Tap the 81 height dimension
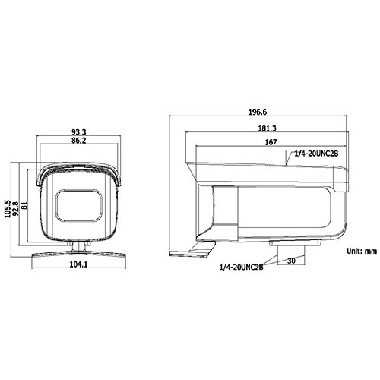pos(25,206)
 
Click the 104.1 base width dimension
pos(78,264)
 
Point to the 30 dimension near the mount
pos(292,260)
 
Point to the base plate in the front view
pos(78,252)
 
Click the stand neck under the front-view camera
pos(78,243)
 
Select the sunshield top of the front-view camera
pos(78,169)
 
